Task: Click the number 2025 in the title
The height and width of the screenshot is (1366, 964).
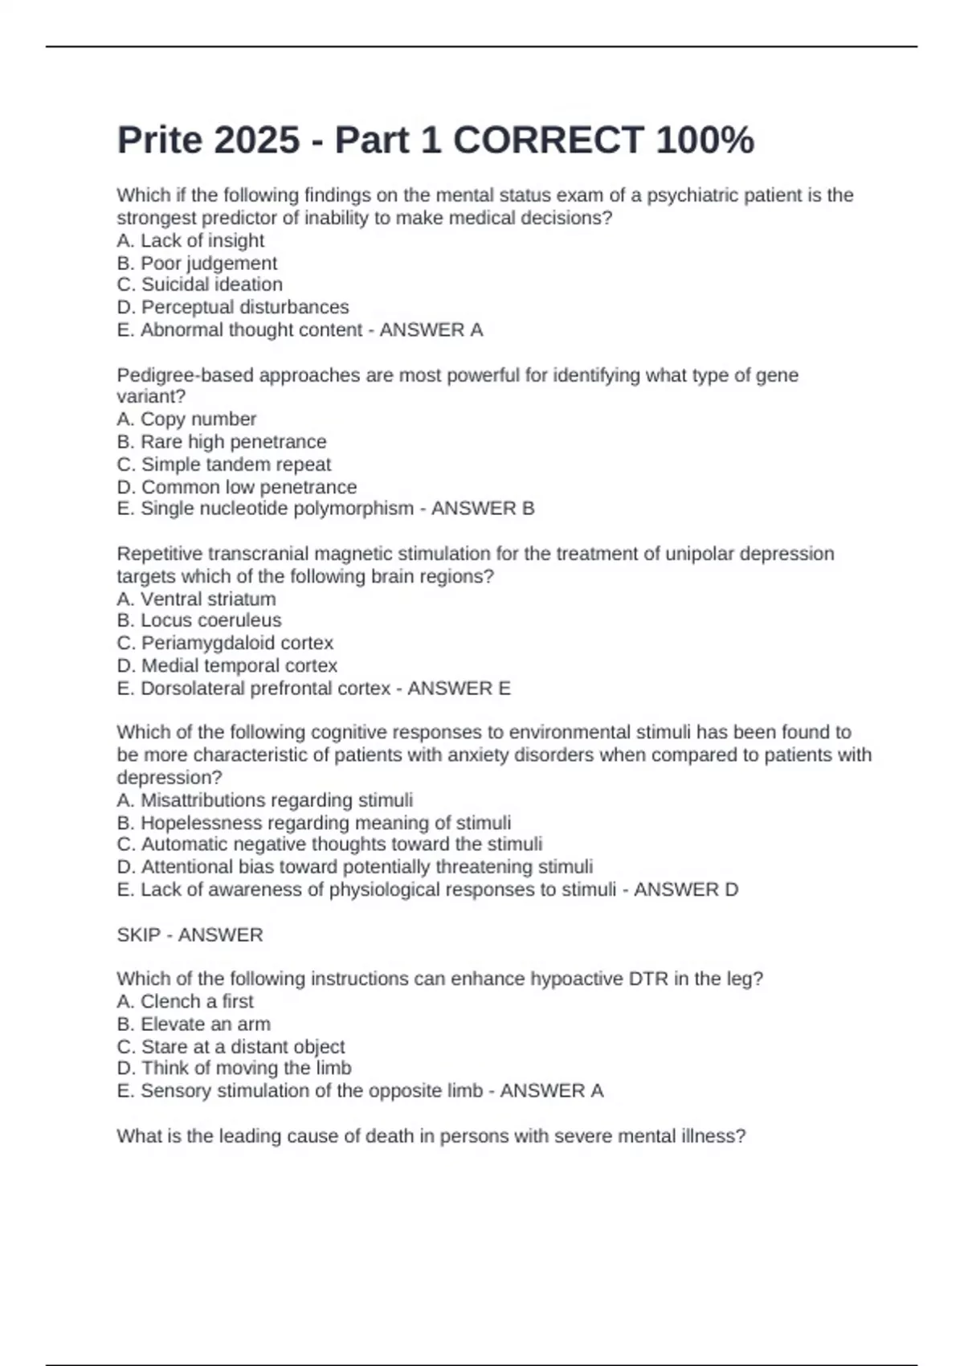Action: (x=256, y=141)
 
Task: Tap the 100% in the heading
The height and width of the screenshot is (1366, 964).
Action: (x=705, y=141)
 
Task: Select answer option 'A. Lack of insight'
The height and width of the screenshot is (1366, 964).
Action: (x=190, y=241)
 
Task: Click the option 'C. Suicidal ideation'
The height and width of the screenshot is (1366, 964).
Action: (x=199, y=284)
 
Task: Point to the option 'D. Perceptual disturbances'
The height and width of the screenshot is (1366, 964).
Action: (x=233, y=307)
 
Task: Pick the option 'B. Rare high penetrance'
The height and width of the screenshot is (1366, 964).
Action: (x=222, y=442)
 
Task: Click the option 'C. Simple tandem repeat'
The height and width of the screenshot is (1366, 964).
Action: (x=223, y=464)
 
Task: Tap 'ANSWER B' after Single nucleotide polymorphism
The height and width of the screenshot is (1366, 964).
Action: (x=483, y=509)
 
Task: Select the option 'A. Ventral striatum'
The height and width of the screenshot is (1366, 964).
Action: (x=196, y=599)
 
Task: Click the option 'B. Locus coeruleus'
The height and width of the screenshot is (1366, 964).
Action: (x=199, y=620)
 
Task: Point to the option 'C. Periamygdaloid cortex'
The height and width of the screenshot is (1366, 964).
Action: (x=225, y=643)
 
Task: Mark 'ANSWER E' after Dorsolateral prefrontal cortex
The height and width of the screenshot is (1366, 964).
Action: (x=459, y=689)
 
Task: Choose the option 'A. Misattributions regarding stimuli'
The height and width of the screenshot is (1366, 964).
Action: (x=265, y=800)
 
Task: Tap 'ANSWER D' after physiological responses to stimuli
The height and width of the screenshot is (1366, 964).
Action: (x=686, y=890)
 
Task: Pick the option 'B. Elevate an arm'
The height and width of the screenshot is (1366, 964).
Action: (x=194, y=1024)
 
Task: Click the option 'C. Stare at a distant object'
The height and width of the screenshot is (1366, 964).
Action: (x=231, y=1047)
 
